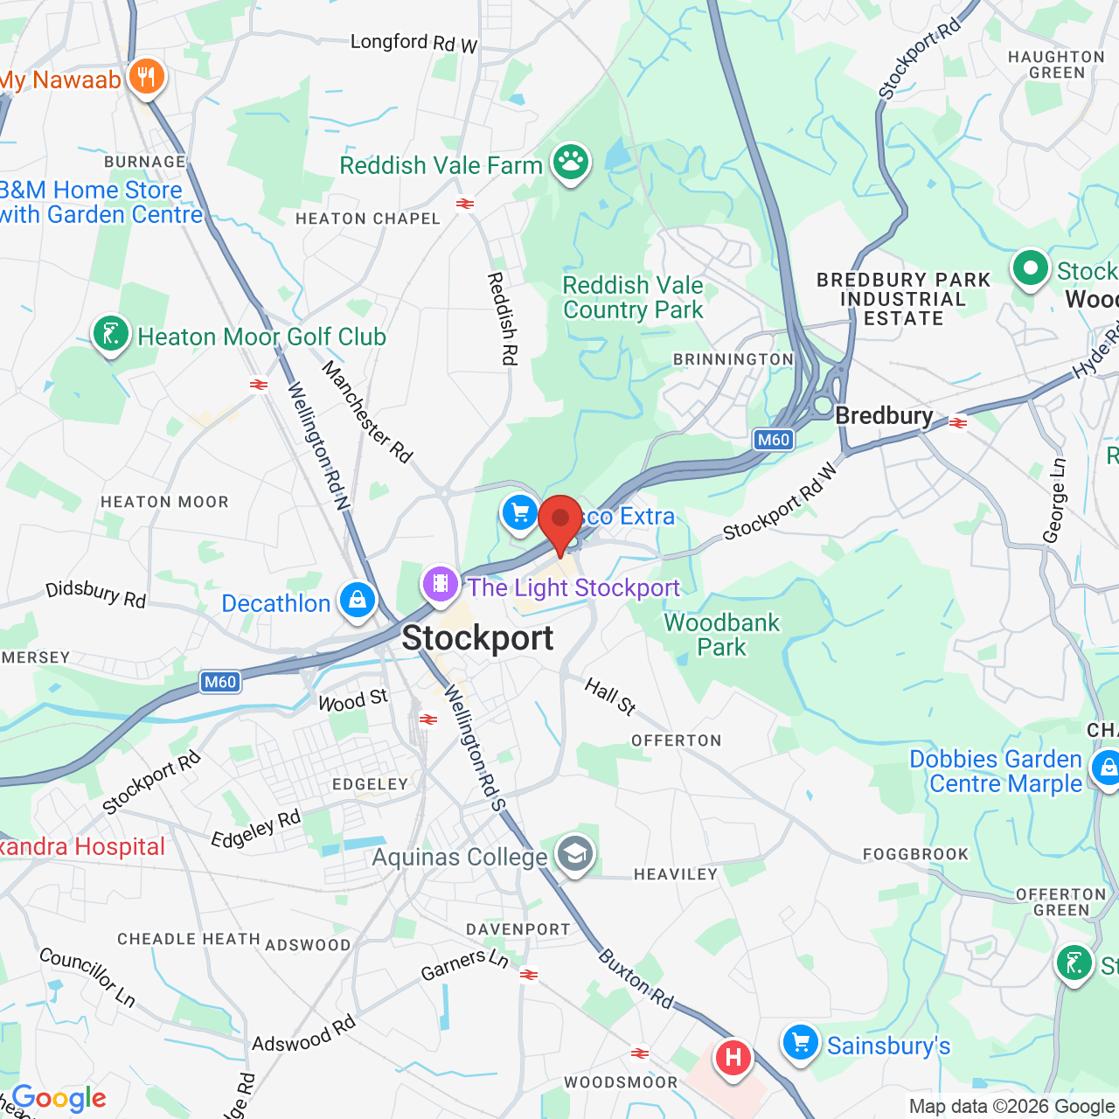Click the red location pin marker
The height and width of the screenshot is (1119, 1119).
tap(560, 521)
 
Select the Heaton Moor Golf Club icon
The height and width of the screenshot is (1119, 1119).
tap(111, 335)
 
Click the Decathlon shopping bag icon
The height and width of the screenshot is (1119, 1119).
tap(357, 601)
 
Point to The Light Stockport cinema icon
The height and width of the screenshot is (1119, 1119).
tap(441, 584)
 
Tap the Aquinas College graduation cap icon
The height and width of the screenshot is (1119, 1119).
tap(574, 854)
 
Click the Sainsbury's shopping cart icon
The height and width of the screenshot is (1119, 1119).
tap(800, 1043)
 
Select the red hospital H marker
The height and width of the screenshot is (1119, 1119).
tap(733, 1058)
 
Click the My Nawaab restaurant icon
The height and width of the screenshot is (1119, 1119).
tap(147, 78)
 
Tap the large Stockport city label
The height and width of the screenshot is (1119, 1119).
tap(477, 639)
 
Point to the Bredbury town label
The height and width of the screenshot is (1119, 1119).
tap(884, 416)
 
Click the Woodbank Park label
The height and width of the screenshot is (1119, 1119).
tap(721, 635)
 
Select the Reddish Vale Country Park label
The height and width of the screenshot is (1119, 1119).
tap(633, 297)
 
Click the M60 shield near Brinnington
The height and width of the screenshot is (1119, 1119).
tap(774, 440)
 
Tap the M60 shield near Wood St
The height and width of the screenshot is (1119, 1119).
tap(220, 682)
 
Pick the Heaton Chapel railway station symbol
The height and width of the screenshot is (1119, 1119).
tap(465, 204)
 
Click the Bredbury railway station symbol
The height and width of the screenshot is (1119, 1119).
tap(958, 422)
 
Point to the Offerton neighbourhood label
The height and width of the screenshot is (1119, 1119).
tap(677, 740)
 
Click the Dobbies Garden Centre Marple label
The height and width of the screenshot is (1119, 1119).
tap(997, 771)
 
